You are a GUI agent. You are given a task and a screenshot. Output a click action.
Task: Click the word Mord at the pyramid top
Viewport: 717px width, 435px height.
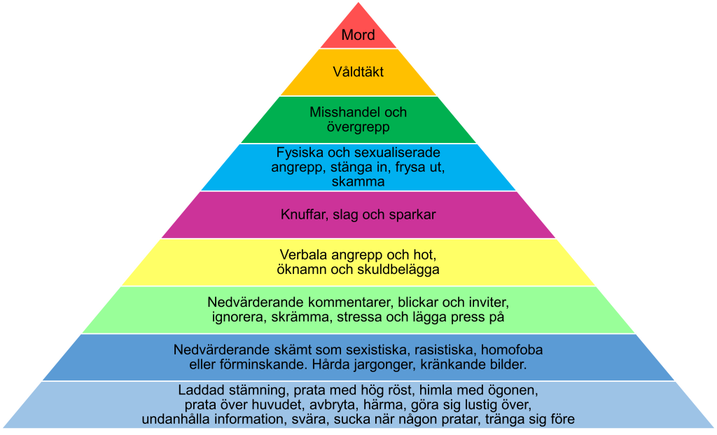pyautogui.click(x=358, y=35)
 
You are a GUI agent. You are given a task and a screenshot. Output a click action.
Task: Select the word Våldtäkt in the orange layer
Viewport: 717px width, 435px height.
pyautogui.click(x=358, y=72)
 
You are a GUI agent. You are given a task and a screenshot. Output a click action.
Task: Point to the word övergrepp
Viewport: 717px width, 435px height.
pyautogui.click(x=358, y=127)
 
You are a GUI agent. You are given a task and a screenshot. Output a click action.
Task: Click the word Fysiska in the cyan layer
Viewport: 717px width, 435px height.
pyautogui.click(x=300, y=153)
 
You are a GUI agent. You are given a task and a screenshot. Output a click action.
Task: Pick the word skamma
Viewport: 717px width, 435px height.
pyautogui.click(x=358, y=181)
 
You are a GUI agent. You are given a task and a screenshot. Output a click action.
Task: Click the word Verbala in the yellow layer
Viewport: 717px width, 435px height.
pyautogui.click(x=303, y=254)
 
